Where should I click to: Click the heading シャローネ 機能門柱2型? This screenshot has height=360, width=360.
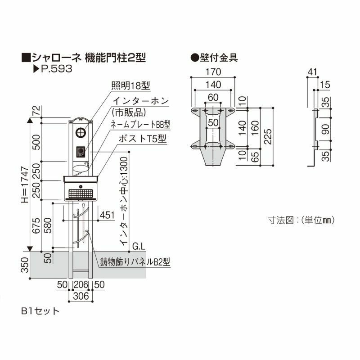[85, 58]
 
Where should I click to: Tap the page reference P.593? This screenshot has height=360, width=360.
[53, 70]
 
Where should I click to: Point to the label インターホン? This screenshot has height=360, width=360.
[140, 100]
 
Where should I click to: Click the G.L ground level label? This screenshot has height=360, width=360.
[139, 246]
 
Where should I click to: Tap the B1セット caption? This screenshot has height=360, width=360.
[40, 310]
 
